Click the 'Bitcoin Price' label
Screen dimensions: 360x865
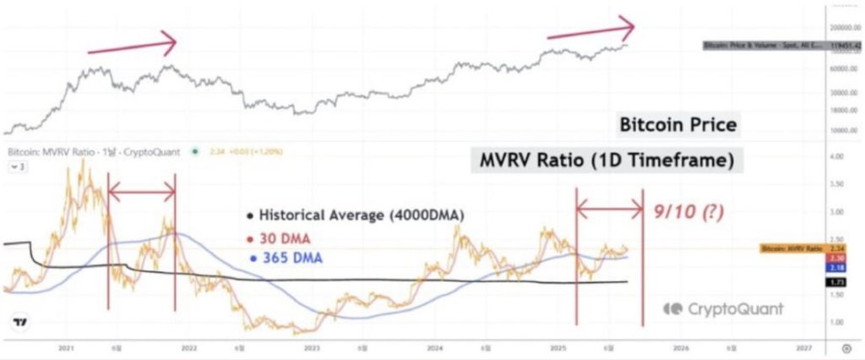(678, 126)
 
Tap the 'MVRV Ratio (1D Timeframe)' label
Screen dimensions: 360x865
(605, 161)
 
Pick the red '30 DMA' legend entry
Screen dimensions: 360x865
(286, 239)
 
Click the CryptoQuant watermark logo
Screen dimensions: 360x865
(722, 309)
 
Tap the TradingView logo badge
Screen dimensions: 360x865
(20, 323)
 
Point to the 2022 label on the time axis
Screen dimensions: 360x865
(188, 347)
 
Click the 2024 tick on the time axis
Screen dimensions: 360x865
(436, 347)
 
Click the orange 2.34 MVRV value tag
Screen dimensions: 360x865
(837, 248)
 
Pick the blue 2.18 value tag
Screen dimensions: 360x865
(837, 267)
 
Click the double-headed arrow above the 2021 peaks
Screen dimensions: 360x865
(141, 195)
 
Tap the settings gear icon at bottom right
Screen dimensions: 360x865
(846, 347)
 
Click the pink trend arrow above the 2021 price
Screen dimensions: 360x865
(133, 44)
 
